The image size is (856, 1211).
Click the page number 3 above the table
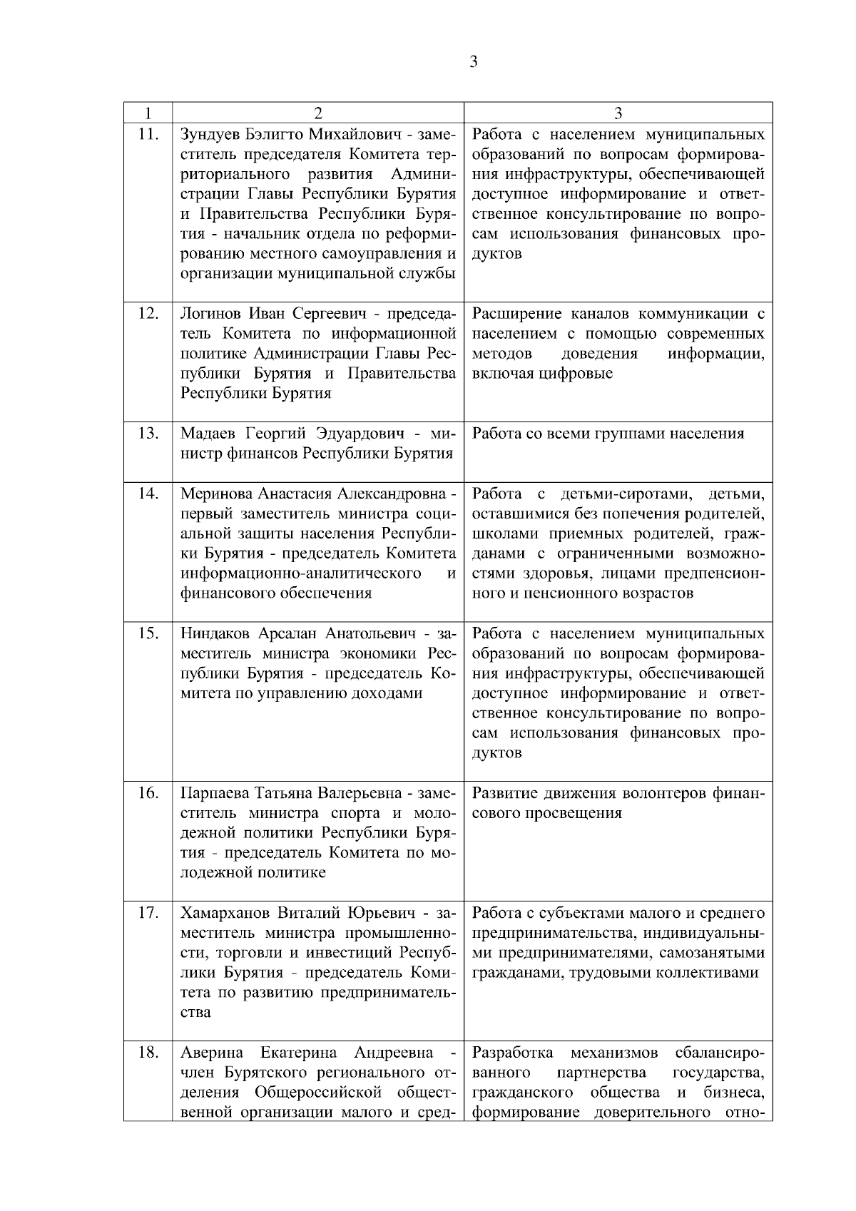click(474, 61)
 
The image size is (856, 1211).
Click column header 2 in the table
click(318, 113)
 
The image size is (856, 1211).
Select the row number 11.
click(148, 133)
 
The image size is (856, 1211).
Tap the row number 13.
click(148, 433)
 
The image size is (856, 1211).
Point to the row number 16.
click(148, 792)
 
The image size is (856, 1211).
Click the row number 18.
click(148, 1052)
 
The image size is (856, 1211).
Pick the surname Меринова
click(215, 494)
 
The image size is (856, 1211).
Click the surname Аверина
click(212, 1053)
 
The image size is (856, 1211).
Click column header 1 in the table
click(148, 113)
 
